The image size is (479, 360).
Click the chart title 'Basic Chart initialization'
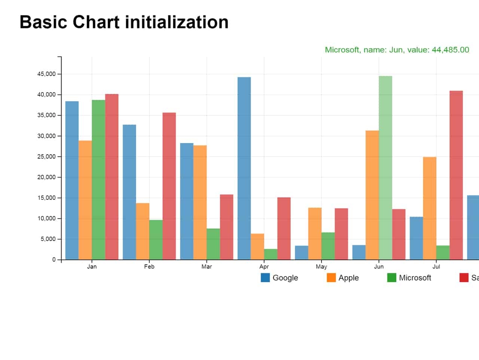(x=124, y=22)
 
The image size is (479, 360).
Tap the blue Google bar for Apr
(x=244, y=168)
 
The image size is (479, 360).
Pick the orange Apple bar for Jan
(x=85, y=200)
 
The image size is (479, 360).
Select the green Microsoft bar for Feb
(x=156, y=240)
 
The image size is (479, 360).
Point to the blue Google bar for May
(x=301, y=253)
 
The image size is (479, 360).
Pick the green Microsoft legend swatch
(x=391, y=278)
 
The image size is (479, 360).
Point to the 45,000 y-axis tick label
(x=46, y=74)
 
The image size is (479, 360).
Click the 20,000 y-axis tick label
(x=46, y=177)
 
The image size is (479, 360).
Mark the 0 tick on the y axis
(x=54, y=260)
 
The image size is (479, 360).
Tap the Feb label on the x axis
(x=149, y=267)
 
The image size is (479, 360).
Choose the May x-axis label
(x=321, y=267)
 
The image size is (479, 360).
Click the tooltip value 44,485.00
(x=450, y=50)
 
